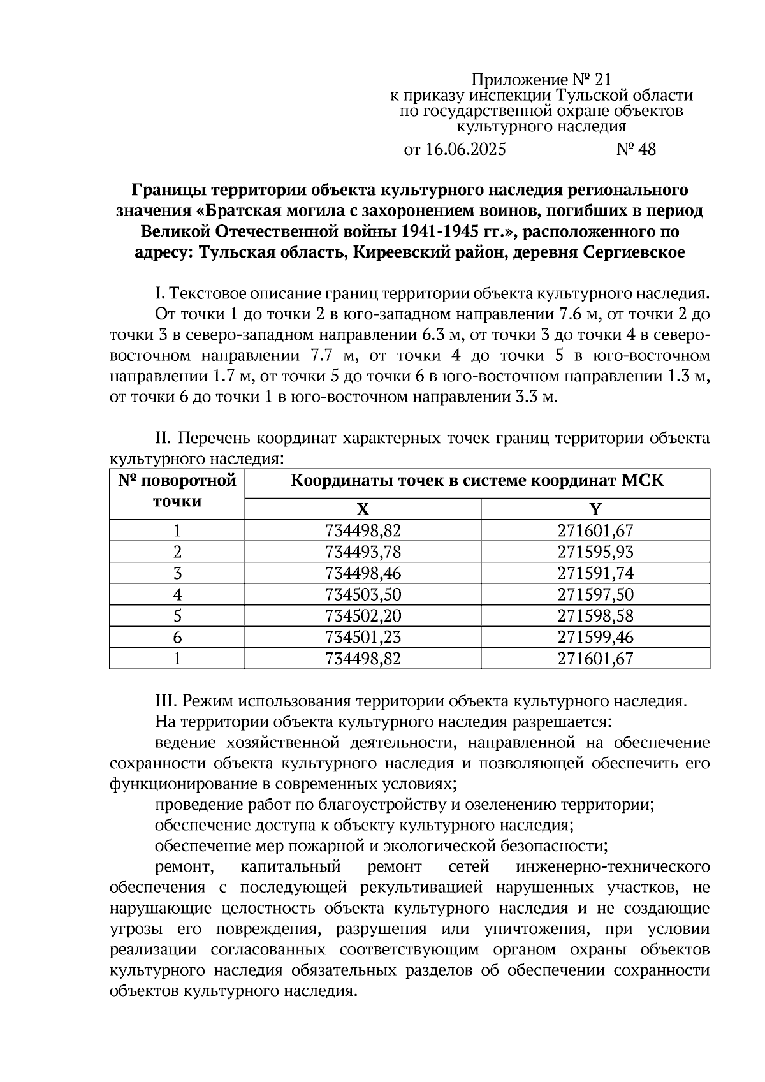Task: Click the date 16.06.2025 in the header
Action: pyautogui.click(x=465, y=150)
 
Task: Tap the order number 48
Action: pyautogui.click(x=646, y=150)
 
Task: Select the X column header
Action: pyautogui.click(x=362, y=509)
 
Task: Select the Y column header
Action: pyautogui.click(x=595, y=509)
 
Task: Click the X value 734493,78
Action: pyautogui.click(x=363, y=552)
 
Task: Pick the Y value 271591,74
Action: pyautogui.click(x=595, y=573)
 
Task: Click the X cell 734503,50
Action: pyautogui.click(x=363, y=594)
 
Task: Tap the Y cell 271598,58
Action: pyautogui.click(x=595, y=615)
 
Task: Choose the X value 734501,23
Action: pyautogui.click(x=363, y=637)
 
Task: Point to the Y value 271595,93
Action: pyautogui.click(x=595, y=552)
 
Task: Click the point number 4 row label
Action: pyautogui.click(x=177, y=594)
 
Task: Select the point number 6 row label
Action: pyautogui.click(x=177, y=637)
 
